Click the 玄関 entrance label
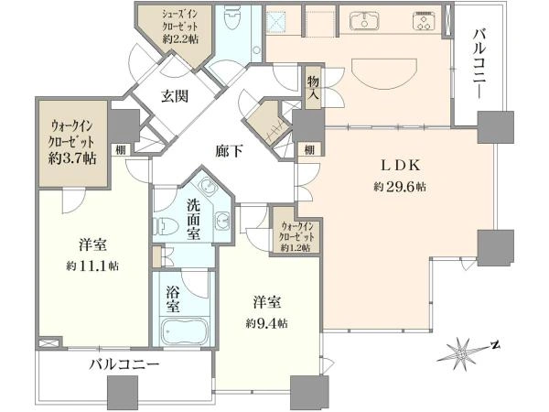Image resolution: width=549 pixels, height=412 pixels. coord(175,96)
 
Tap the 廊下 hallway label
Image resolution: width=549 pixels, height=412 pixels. coord(229,151)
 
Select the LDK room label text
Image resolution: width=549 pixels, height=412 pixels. coord(401,166)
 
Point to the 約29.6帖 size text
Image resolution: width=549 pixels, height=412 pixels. coord(400,187)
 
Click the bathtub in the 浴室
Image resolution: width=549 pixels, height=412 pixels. coord(185,331)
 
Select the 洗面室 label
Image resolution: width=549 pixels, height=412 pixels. coord(193,220)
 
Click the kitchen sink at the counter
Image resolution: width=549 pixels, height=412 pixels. coord(364,21)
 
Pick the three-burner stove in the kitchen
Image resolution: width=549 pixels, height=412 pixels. coord(425,21)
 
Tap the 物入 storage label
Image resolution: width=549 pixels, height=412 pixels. coord(313,88)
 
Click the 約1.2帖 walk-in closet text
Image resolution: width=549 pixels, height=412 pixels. coord(296,247)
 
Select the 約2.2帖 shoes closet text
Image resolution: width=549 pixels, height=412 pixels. coord(180,38)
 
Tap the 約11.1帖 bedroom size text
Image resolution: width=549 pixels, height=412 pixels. coord(92,266)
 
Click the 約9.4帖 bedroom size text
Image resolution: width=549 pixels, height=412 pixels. coord(267,323)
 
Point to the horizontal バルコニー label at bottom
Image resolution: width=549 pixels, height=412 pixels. coord(124,365)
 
